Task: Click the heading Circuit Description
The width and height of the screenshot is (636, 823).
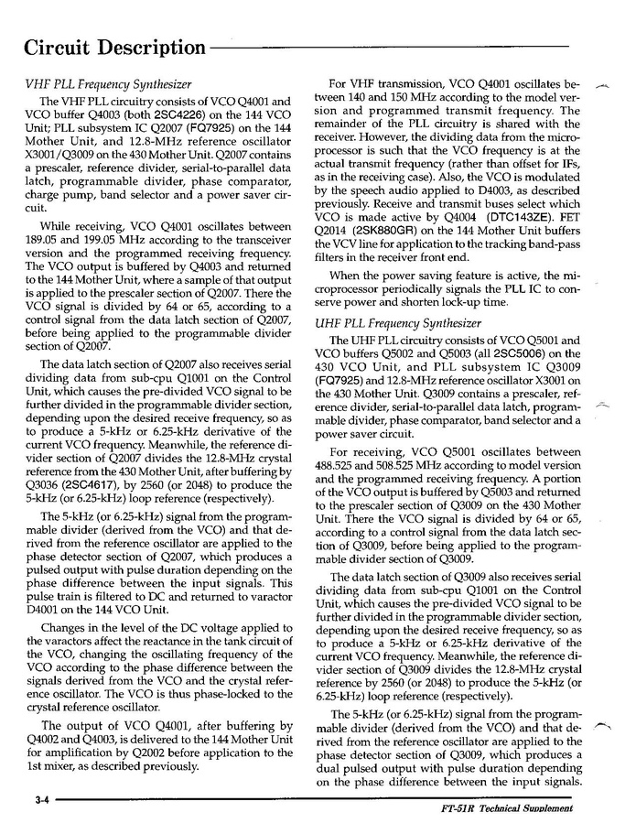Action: (x=114, y=48)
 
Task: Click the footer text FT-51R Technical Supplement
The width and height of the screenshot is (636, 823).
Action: (x=506, y=809)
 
